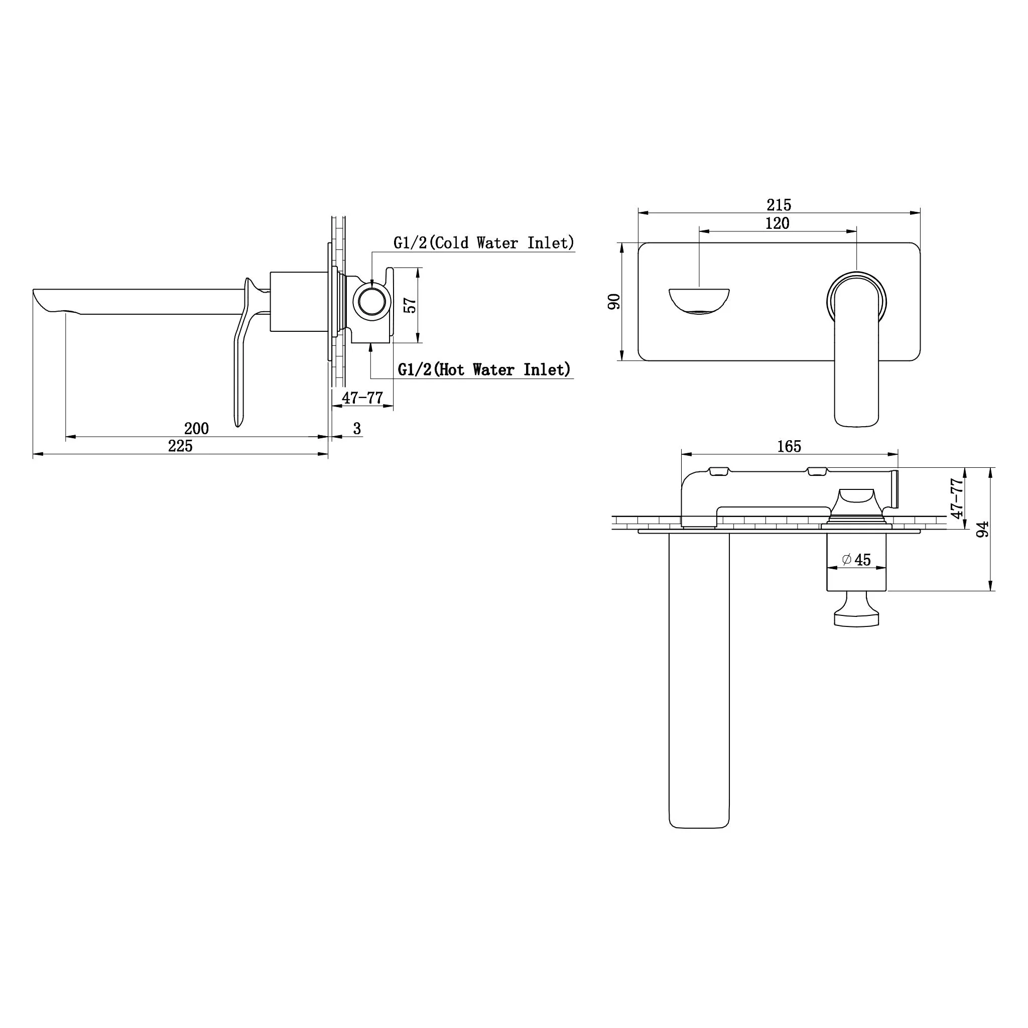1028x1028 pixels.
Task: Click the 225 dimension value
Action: (180, 446)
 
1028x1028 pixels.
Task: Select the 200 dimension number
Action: (196, 428)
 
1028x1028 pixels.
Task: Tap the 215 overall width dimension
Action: (779, 205)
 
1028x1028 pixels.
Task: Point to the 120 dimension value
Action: (778, 223)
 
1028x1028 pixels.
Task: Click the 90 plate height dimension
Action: (614, 301)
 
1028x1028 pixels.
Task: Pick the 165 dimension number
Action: (789, 446)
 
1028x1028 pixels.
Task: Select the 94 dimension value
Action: (983, 529)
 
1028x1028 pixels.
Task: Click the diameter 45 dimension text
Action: (856, 560)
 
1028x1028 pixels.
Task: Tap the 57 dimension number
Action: (410, 305)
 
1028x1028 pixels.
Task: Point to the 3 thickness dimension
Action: (357, 428)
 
